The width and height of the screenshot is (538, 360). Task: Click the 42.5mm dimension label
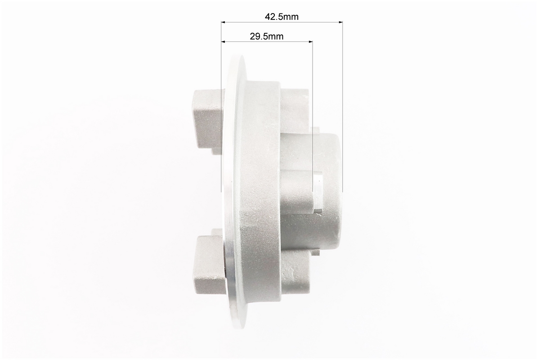282,17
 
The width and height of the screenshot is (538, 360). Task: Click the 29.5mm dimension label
267,36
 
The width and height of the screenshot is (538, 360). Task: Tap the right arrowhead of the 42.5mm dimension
341,22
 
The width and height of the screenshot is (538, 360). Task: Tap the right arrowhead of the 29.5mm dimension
311,41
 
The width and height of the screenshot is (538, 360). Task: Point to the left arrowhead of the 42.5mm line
223,22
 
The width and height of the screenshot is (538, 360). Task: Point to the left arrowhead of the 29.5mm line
223,41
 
